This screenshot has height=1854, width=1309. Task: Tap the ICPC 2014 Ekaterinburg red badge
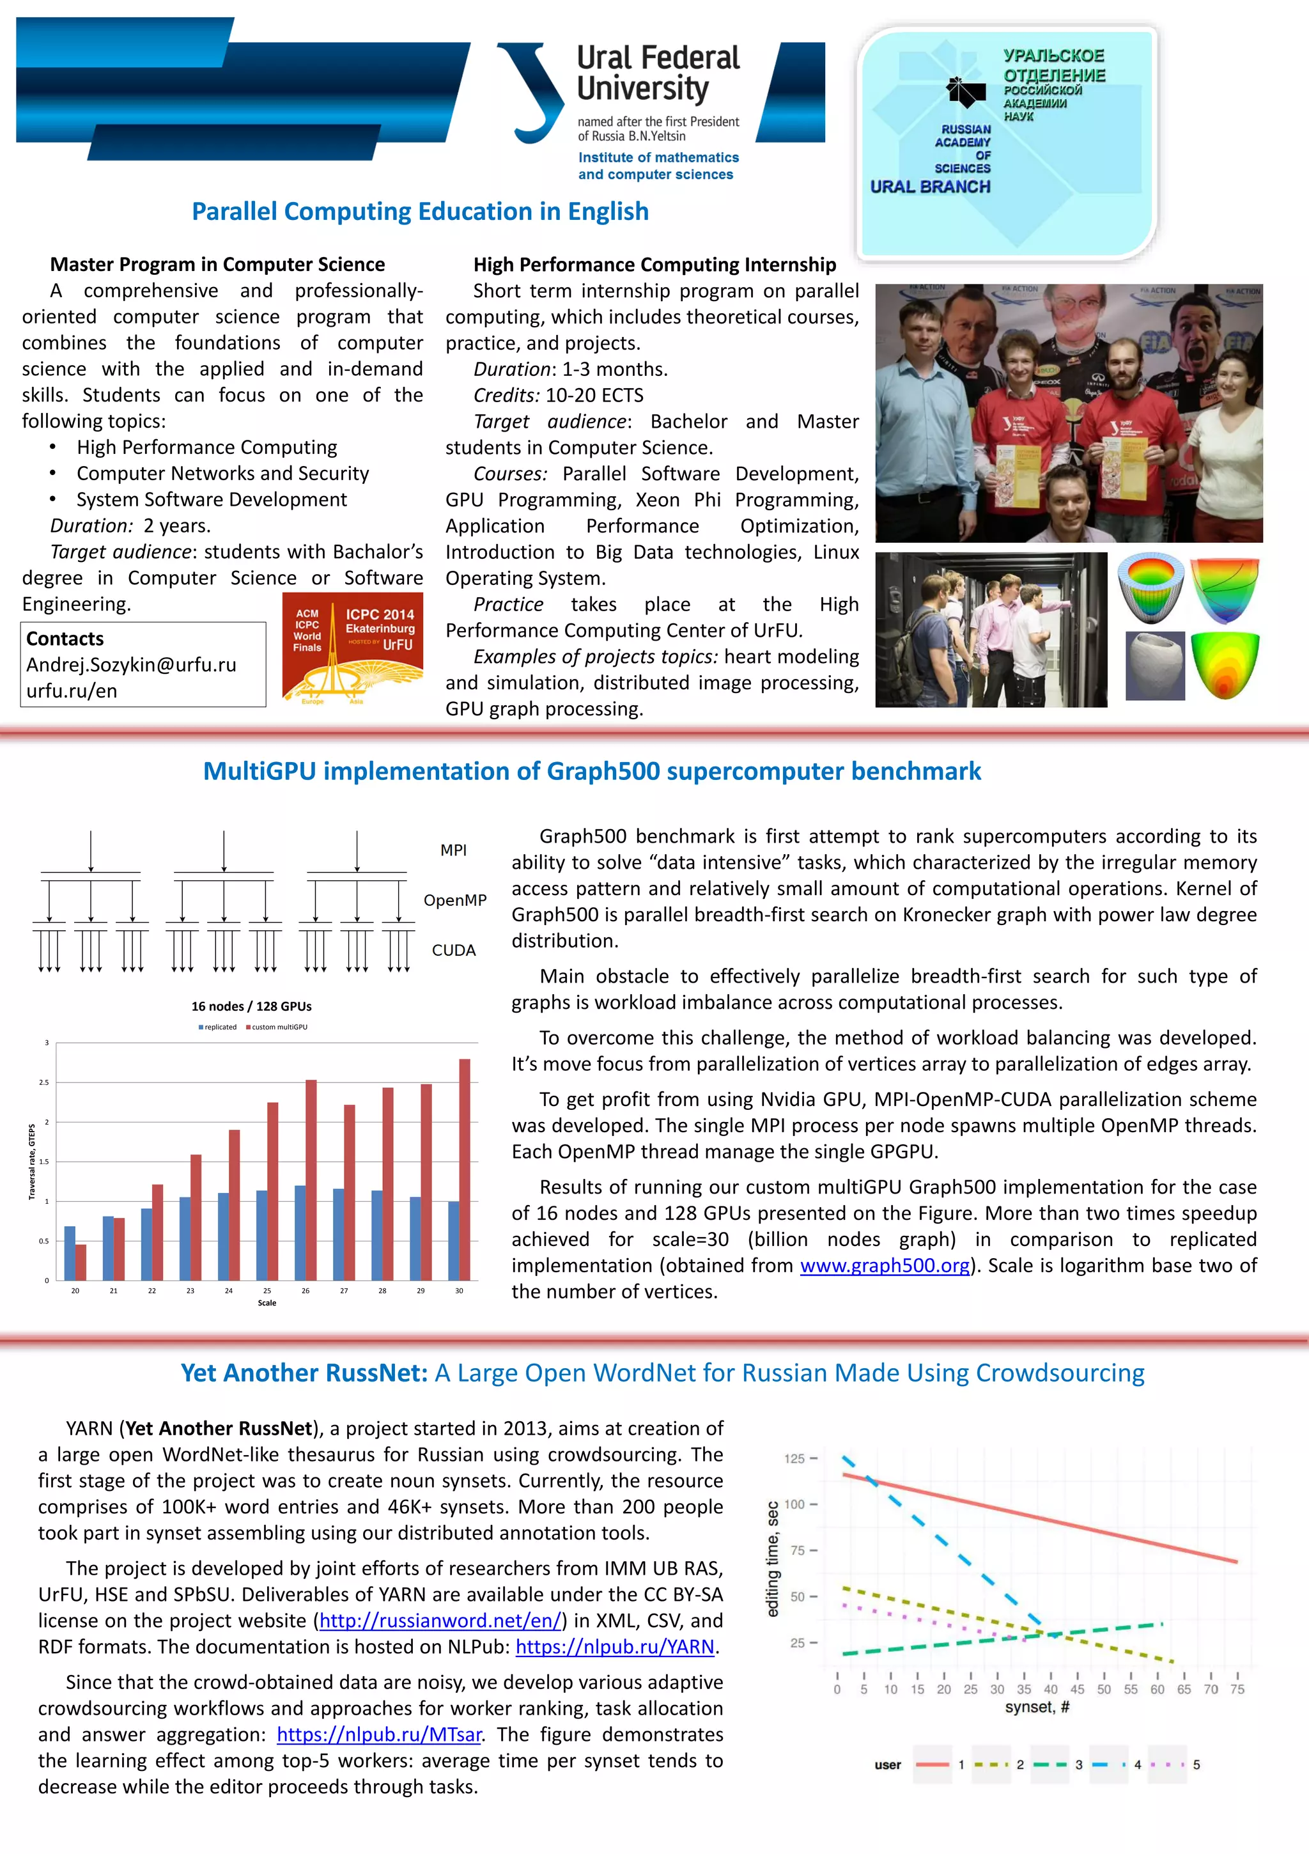pyautogui.click(x=353, y=648)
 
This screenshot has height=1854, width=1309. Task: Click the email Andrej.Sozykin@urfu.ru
pyautogui.click(x=131, y=665)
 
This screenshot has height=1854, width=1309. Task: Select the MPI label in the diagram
pyautogui.click(x=453, y=850)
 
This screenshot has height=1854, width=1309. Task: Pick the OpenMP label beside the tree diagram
pyautogui.click(x=454, y=900)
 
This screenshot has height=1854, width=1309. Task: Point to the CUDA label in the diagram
pyautogui.click(x=453, y=951)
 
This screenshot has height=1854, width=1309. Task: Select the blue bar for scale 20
pyautogui.click(x=70, y=1252)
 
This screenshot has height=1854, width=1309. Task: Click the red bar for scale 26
pyautogui.click(x=311, y=1179)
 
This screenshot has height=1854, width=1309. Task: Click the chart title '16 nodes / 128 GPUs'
pyautogui.click(x=251, y=1006)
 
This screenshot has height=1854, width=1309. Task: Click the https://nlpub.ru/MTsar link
pyautogui.click(x=379, y=1734)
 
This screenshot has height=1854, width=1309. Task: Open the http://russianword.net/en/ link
pyautogui.click(x=440, y=1621)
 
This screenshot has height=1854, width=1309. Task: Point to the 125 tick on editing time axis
pyautogui.click(x=794, y=1458)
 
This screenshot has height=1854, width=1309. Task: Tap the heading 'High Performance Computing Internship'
pyautogui.click(x=654, y=265)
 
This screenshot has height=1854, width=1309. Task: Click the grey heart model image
pyautogui.click(x=1155, y=666)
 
